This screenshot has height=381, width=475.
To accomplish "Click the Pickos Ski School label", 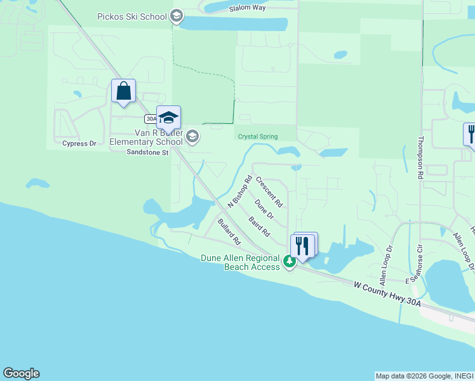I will click(131, 17).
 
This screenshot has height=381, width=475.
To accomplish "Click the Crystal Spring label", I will click(258, 137).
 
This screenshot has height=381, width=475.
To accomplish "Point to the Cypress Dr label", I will click(79, 144).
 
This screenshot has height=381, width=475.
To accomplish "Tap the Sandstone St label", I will click(147, 152).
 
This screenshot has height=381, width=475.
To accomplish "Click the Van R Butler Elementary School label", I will click(147, 138).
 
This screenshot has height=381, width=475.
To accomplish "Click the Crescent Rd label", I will click(269, 191).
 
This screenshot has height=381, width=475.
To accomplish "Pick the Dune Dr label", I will click(264, 209).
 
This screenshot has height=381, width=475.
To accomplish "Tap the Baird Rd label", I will click(259, 227).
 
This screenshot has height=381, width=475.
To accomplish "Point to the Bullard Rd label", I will click(229, 232).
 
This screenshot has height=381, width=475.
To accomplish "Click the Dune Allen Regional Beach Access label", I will click(241, 262).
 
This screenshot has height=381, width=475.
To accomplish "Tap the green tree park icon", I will click(289, 261).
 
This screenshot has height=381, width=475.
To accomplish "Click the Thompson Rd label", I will click(420, 157).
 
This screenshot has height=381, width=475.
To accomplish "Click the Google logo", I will click(21, 373).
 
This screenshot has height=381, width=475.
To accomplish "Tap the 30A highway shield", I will click(151, 119).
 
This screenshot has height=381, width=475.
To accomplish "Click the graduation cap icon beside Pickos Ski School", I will click(177, 17).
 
